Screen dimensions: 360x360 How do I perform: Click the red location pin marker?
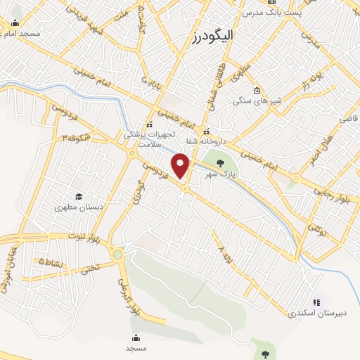[x=182, y=167]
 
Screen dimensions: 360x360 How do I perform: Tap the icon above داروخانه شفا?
[x=206, y=131]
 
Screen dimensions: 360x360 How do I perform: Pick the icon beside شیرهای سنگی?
[x=257, y=91]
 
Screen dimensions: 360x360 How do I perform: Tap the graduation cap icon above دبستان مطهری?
[x=79, y=197]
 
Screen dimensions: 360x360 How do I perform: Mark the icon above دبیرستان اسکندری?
[x=316, y=302]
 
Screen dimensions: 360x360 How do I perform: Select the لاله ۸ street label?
[x=223, y=252]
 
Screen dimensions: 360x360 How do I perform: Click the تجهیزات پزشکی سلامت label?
[x=146, y=138]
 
